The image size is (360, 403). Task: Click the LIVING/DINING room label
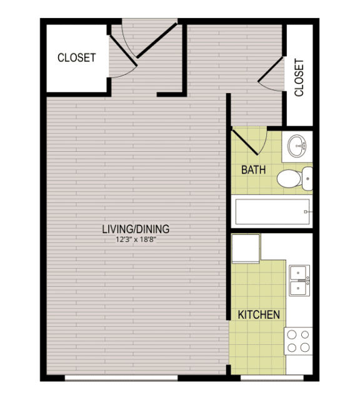tap(136, 229)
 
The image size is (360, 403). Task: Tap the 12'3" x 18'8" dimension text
tap(136, 240)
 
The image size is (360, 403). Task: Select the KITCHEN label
tap(259, 315)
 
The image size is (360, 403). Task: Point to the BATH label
tap(253, 170)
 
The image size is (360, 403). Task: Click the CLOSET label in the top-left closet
tap(77, 57)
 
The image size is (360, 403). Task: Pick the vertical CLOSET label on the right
tap(299, 77)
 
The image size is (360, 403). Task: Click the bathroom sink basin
tap(297, 146)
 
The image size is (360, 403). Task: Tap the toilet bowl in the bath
tap(289, 178)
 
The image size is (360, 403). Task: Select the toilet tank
tap(307, 178)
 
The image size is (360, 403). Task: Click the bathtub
tap(272, 212)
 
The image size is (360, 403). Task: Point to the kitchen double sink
tap(299, 281)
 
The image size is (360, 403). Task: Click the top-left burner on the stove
tap(292, 335)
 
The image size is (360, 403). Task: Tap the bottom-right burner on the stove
tap(305, 347)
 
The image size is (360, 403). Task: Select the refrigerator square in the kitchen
tap(246, 249)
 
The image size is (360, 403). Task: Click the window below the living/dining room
tap(121, 378)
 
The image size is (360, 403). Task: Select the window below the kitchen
tap(272, 378)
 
